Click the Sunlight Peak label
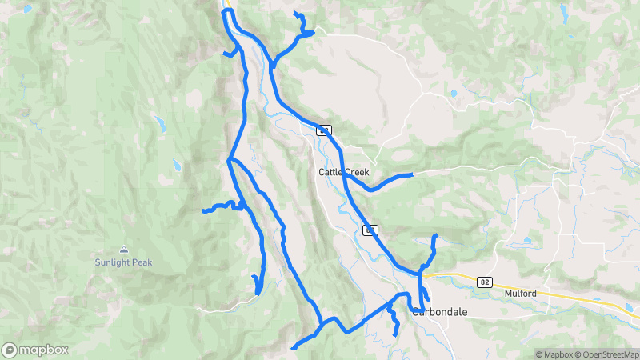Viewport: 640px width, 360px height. click(123, 262)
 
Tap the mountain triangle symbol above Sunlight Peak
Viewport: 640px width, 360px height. click(123, 249)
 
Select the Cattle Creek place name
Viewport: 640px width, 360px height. click(343, 172)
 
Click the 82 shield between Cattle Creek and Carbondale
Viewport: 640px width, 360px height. click(370, 230)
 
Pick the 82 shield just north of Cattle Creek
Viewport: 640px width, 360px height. click(323, 129)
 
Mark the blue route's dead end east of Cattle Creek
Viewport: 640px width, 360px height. click(411, 174)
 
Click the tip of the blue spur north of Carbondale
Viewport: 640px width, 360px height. click(435, 235)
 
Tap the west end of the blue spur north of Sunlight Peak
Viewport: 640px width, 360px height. click(205, 211)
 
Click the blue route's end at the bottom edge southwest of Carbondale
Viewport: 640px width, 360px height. click(294, 348)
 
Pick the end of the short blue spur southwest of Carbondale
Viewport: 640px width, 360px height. click(396, 334)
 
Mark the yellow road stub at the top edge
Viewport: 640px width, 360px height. click(227, 4)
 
